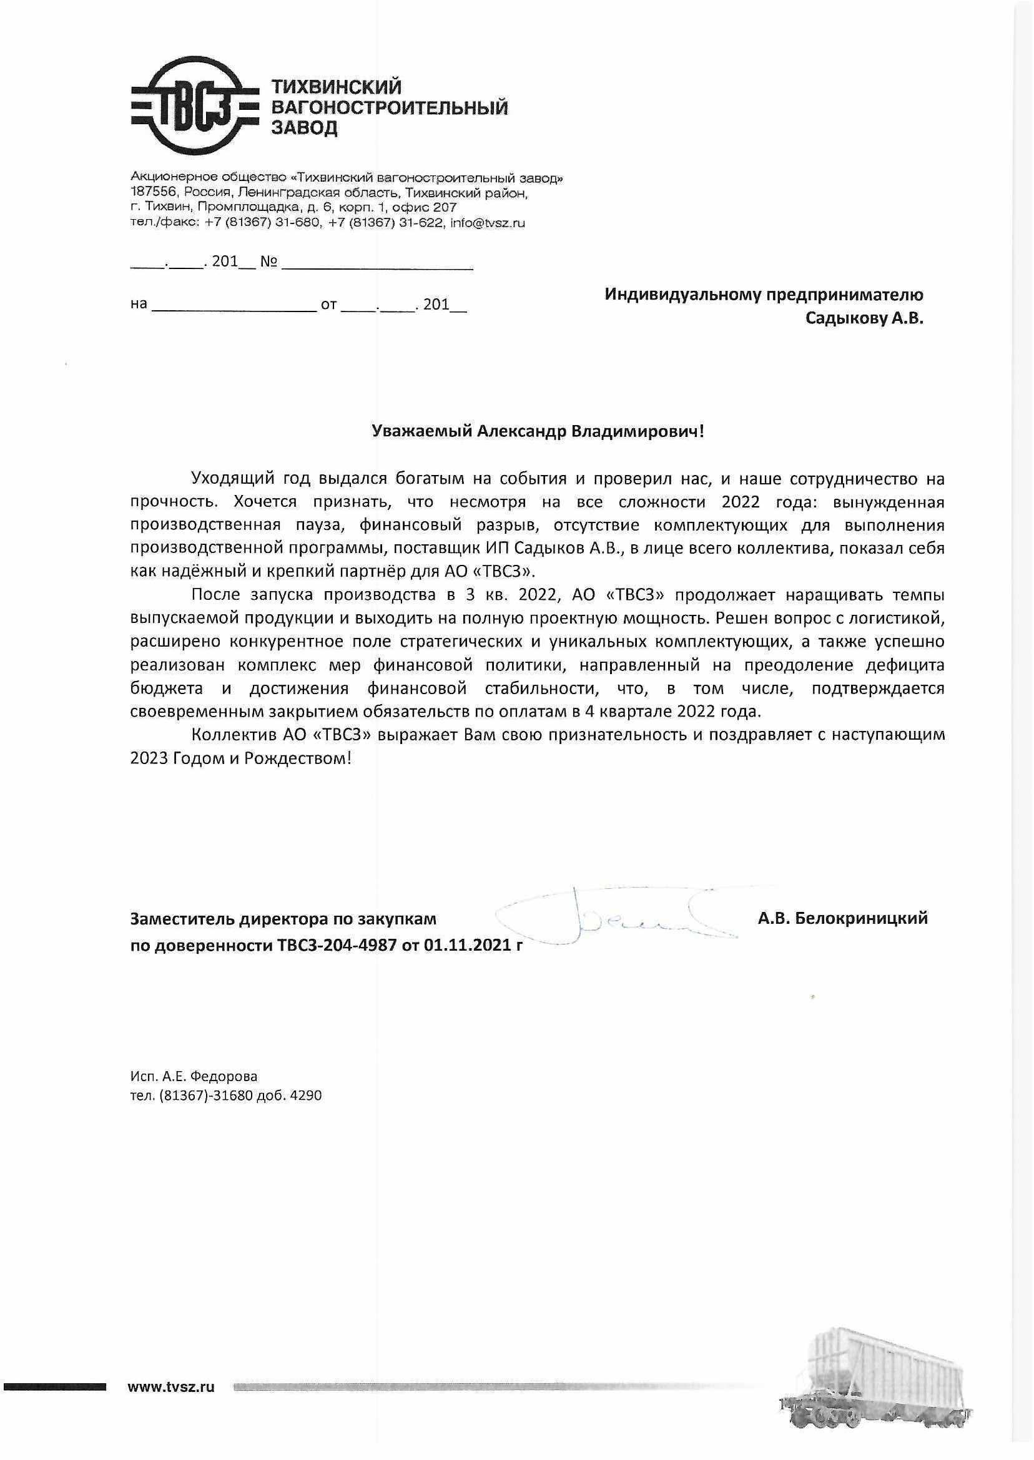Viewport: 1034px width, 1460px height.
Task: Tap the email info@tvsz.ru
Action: [487, 223]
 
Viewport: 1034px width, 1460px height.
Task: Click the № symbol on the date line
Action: [268, 262]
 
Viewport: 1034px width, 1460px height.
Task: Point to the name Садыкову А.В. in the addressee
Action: [864, 318]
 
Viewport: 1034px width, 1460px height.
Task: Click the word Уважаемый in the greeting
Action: [422, 431]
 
